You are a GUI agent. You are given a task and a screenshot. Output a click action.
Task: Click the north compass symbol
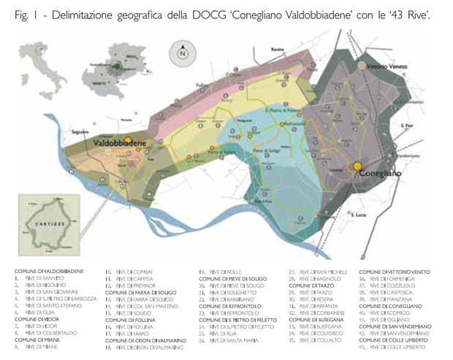pyautogui.click(x=182, y=53)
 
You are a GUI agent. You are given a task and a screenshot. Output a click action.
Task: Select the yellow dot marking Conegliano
pyautogui.click(x=357, y=166)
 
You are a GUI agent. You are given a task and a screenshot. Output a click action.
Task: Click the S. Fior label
pyautogui.click(x=407, y=126)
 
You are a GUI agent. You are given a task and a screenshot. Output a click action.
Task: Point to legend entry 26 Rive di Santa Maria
pyautogui.click(x=232, y=340)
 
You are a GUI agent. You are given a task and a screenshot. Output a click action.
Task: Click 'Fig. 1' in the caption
pyautogui.click(x=27, y=15)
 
